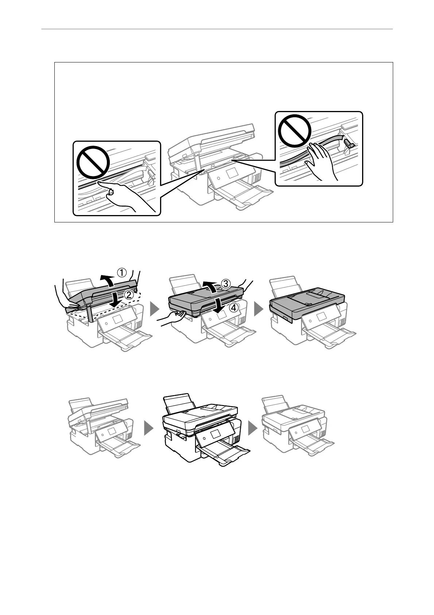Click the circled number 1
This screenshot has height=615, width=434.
pos(121,272)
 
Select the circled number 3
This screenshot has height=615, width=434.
pos(226,283)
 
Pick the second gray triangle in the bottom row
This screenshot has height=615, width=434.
pos(253,427)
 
